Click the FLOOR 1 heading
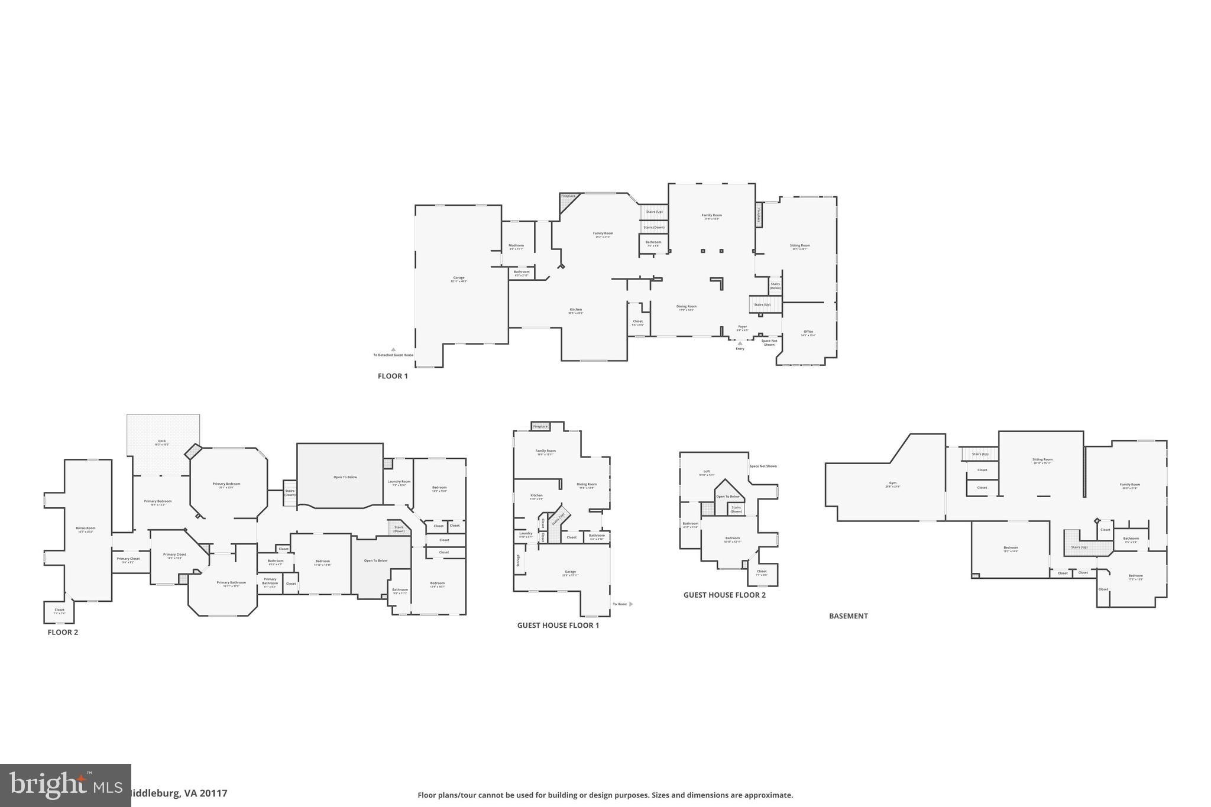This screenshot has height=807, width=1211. (x=393, y=376)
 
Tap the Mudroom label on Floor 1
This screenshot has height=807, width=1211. (x=516, y=245)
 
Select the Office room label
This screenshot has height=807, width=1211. (x=808, y=332)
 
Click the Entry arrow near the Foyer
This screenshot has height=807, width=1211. (x=740, y=343)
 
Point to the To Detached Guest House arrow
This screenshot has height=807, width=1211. (x=393, y=349)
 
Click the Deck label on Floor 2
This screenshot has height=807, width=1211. (x=161, y=441)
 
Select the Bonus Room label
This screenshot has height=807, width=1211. (x=85, y=528)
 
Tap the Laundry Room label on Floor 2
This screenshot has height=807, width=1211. (x=399, y=481)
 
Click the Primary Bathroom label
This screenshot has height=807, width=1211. (x=231, y=582)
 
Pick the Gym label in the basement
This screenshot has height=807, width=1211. (x=892, y=483)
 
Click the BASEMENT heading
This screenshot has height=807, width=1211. (x=848, y=616)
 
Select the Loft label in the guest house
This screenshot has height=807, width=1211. (x=707, y=471)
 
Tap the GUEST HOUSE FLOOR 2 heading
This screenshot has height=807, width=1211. (x=724, y=595)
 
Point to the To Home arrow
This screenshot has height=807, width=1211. (x=631, y=604)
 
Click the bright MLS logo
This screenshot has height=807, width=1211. (x=65, y=785)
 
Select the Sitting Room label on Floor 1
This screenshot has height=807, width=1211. (x=799, y=245)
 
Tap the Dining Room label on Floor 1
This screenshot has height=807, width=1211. (x=687, y=306)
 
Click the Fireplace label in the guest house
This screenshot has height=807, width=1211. (x=540, y=426)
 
